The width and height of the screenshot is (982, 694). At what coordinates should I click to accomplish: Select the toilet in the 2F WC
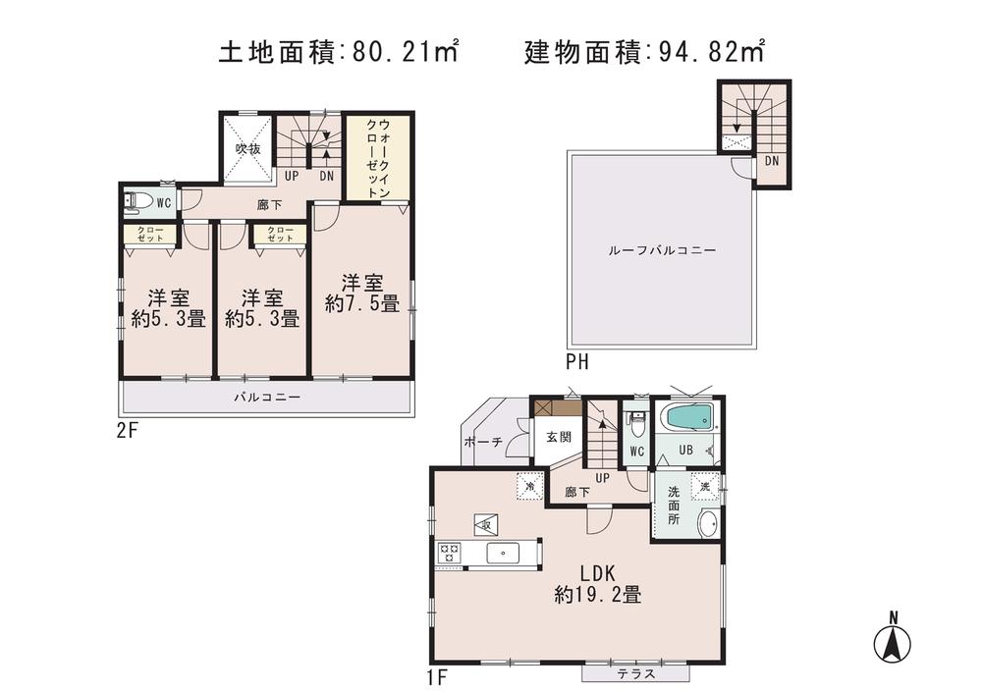tap(139, 202)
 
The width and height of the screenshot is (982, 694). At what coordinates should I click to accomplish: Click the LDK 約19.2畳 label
tap(597, 584)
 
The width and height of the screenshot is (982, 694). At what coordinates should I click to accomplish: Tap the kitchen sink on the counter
tap(502, 554)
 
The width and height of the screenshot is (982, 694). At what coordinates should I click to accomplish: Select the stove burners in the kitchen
tap(449, 554)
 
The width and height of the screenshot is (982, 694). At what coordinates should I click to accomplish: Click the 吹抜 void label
tap(246, 149)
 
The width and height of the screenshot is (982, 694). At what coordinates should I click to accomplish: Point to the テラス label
tap(635, 674)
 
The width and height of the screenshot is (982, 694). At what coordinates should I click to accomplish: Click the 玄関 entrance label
tap(558, 438)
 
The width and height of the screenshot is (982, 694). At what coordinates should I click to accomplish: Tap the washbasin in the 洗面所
tap(707, 524)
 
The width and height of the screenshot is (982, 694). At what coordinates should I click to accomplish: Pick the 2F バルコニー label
tap(266, 398)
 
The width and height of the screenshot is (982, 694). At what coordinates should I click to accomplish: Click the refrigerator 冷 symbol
tap(530, 486)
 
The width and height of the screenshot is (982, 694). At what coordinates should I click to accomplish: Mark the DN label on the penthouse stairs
tap(772, 161)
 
